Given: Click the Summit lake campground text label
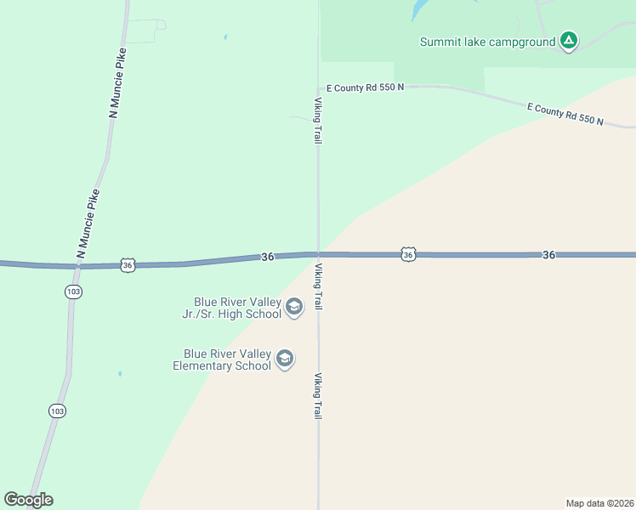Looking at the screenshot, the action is click(x=487, y=41).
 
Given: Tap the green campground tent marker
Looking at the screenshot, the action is click(x=569, y=40).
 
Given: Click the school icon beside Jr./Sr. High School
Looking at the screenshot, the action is click(x=294, y=308).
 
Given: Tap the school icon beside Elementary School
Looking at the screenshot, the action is click(x=285, y=360).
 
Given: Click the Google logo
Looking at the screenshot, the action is click(x=28, y=500).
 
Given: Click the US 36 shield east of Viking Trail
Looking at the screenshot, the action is click(x=409, y=254).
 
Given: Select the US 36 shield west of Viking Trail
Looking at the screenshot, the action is click(x=128, y=265).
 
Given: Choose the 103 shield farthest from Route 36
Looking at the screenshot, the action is click(x=57, y=411).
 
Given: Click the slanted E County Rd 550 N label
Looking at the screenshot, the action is click(x=565, y=114).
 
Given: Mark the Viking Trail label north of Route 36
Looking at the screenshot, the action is click(x=318, y=120).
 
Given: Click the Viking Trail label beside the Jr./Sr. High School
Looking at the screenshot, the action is click(x=318, y=286).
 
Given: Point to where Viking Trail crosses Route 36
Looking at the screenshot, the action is click(x=318, y=254).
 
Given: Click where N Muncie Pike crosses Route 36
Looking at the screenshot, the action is click(x=78, y=266).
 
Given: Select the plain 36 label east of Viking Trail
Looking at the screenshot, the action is click(x=548, y=255).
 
